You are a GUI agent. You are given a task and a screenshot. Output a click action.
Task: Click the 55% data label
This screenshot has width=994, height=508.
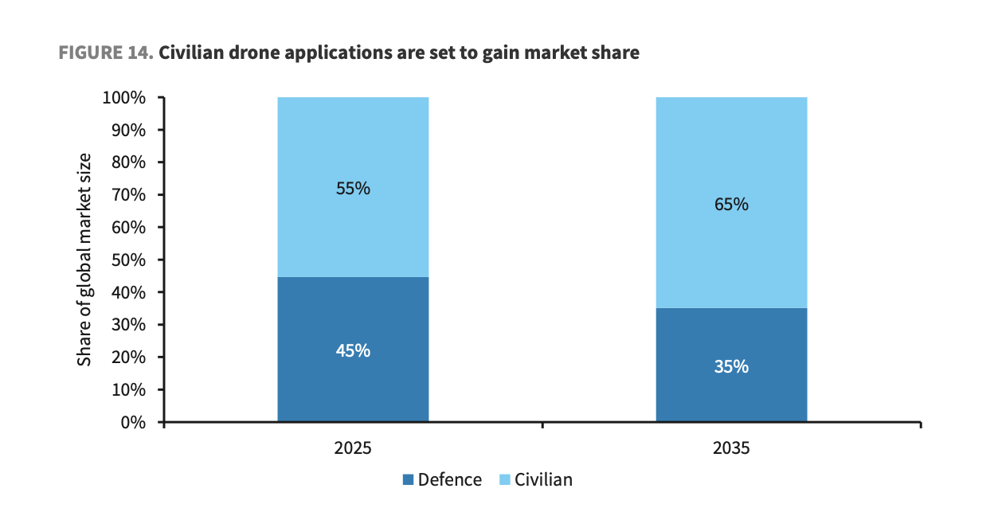353,189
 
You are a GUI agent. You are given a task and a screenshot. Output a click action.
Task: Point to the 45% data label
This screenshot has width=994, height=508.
353,350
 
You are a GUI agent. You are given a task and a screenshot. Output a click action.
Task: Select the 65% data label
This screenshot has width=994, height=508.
731,205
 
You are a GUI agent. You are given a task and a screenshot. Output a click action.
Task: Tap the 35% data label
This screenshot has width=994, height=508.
731,367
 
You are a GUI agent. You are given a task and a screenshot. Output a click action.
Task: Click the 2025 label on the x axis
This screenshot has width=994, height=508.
353,448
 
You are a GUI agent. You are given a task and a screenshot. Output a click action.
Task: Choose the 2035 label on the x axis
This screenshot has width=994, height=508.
731,448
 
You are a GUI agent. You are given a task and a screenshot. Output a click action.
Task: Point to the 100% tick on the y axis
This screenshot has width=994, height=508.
124,98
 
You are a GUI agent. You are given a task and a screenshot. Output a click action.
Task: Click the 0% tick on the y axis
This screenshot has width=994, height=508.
134,422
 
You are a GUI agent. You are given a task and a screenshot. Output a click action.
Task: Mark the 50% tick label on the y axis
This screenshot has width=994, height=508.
128,260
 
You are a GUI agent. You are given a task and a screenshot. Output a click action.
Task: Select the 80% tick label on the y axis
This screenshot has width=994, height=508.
128,162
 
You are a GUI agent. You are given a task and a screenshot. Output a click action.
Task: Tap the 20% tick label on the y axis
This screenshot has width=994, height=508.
128,357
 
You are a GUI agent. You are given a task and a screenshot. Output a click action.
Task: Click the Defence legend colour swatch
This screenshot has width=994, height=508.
408,480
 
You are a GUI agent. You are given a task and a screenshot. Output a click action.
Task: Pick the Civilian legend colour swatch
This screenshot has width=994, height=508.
504,480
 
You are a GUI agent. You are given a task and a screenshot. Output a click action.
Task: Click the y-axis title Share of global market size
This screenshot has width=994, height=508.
84,260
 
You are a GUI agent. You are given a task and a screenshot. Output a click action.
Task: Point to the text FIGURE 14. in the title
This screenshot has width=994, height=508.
105,53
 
